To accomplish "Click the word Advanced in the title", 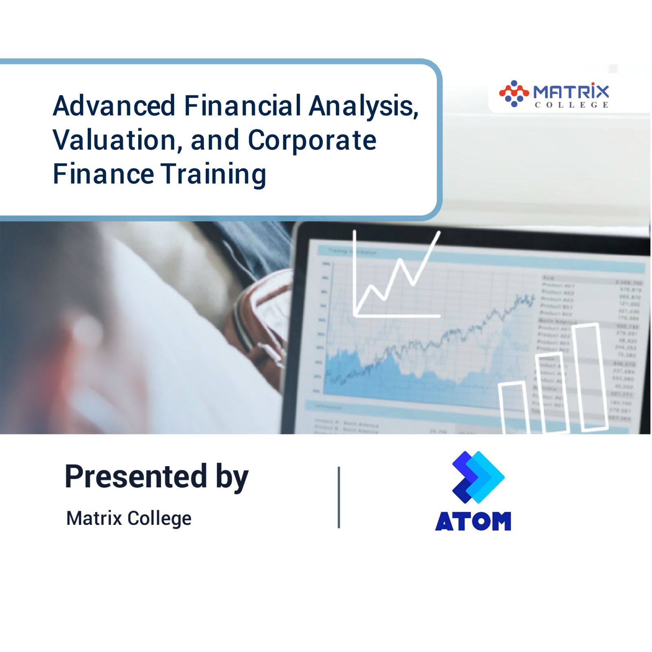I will click(114, 106).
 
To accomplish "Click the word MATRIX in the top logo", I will click(570, 91).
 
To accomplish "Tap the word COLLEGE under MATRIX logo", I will click(571, 105).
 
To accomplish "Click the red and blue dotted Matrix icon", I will click(513, 94).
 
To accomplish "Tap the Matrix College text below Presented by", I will click(129, 518).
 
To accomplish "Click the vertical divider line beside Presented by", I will click(339, 497).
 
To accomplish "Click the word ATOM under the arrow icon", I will click(473, 522).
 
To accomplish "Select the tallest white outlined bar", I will click(589, 377).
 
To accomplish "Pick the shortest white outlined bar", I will click(513, 407).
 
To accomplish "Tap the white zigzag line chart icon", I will click(395, 277).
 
